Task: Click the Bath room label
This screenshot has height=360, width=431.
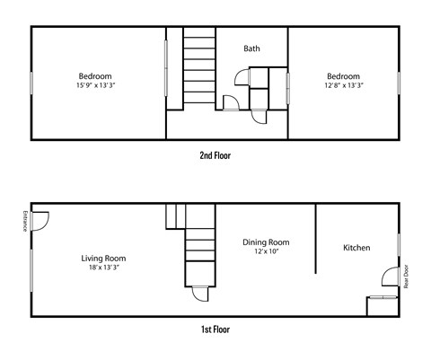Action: (252, 48)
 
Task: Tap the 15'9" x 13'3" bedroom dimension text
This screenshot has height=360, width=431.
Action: (101, 86)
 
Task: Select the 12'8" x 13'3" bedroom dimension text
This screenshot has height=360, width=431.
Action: (343, 86)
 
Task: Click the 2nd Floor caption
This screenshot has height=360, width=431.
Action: (215, 155)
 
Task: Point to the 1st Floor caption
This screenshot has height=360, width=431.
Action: (215, 329)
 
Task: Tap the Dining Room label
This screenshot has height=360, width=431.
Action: (266, 242)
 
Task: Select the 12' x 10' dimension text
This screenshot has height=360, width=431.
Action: (266, 252)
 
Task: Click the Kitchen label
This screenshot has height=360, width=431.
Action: (356, 248)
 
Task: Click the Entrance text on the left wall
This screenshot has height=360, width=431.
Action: (23, 221)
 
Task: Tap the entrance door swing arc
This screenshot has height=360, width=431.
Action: (41, 219)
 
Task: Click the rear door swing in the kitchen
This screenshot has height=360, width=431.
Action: (388, 277)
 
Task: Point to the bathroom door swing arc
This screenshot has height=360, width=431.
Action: (230, 101)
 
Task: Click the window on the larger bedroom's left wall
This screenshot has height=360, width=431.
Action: (32, 82)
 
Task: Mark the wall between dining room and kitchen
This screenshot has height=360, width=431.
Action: (316, 238)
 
